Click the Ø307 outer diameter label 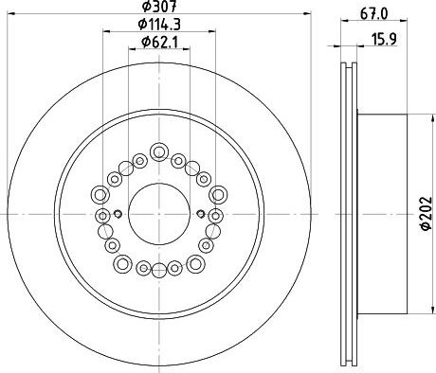tap(159, 7)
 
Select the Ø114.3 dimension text tap(159, 25)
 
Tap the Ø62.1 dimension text tap(159, 42)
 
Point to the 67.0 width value tap(373, 14)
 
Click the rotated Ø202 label tap(426, 213)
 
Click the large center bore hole tap(159, 214)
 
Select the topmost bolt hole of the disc tap(159, 151)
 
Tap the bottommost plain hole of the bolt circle tap(159, 271)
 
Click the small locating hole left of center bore tap(118, 214)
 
